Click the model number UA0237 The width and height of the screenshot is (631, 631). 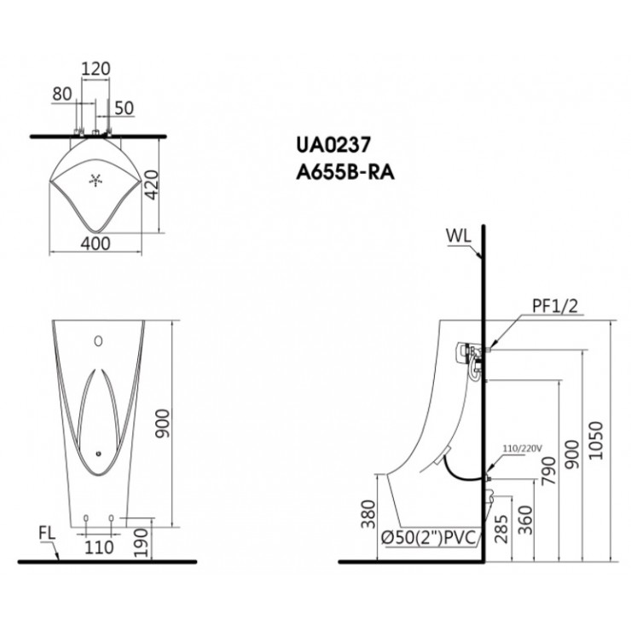point(333,145)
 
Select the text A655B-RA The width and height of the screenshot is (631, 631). point(345,172)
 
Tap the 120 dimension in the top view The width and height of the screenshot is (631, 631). point(96,69)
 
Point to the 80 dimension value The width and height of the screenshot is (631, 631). point(62,94)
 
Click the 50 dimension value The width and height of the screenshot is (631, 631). point(124,108)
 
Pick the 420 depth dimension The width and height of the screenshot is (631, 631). point(152,185)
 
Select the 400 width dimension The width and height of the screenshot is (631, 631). point(96,244)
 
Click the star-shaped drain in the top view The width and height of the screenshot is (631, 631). point(96,181)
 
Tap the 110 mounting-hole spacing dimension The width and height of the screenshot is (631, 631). point(99,547)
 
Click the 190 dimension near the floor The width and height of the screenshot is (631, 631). point(141,543)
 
